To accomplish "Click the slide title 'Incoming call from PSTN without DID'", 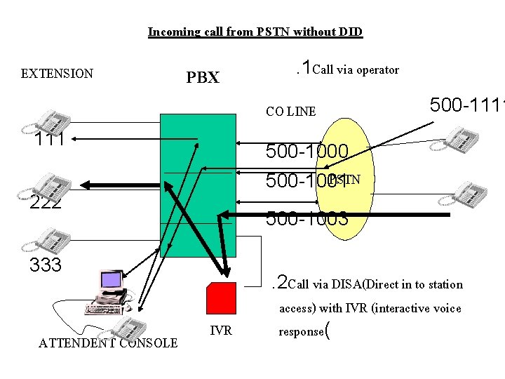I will (x=255, y=32).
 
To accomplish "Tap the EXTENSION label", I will (x=57, y=73).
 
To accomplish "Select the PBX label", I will (x=203, y=77).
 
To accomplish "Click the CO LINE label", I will (x=290, y=111).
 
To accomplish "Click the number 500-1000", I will (x=307, y=152).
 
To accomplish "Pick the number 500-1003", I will (x=307, y=218).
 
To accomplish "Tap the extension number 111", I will (x=50, y=140).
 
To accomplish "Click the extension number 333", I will (x=46, y=265).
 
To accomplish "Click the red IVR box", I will (x=220, y=298).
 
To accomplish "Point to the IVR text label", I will (x=221, y=331).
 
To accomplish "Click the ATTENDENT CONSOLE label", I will (x=108, y=343).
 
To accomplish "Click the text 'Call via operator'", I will (x=356, y=69).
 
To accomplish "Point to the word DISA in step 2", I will (x=344, y=284).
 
